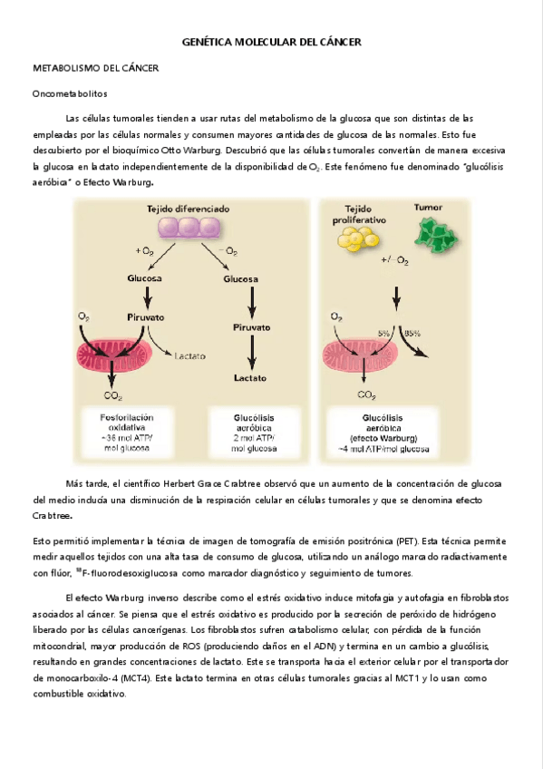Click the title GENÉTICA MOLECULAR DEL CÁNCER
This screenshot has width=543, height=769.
(x=271, y=43)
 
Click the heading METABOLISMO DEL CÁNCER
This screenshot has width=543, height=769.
(x=95, y=68)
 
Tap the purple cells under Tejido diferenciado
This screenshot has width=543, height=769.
(x=190, y=229)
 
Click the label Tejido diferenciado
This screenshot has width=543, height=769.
(x=189, y=209)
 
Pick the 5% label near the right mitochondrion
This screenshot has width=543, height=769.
(x=384, y=333)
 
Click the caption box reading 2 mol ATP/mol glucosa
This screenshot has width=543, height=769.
(x=253, y=431)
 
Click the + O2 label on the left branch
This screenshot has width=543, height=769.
(x=144, y=250)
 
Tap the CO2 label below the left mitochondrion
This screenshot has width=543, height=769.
(x=114, y=395)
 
